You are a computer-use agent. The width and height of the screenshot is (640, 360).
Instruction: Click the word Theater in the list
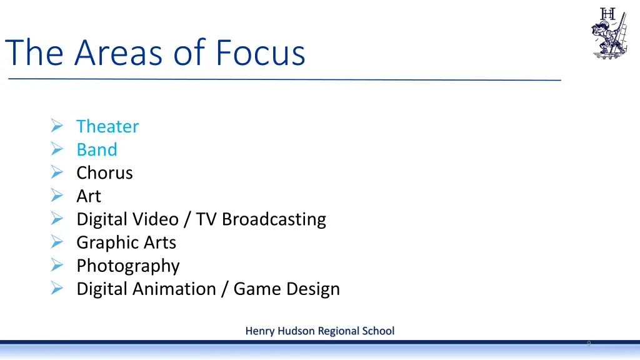[x=107, y=126]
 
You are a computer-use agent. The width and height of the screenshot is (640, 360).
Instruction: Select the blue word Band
[x=97, y=150]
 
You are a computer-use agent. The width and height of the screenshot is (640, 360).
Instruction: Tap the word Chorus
[x=104, y=173]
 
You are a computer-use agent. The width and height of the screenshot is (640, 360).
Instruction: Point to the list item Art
[x=89, y=196]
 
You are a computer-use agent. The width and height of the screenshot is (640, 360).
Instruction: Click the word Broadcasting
[x=274, y=219]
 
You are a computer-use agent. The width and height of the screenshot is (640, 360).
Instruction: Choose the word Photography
[x=128, y=266]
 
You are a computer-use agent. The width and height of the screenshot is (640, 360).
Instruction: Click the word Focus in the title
[x=261, y=52]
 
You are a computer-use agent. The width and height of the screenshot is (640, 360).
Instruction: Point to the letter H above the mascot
[x=607, y=13]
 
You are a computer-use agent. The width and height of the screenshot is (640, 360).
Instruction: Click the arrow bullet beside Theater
[x=56, y=126]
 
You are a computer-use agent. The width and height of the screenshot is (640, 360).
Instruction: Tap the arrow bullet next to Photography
[x=56, y=266]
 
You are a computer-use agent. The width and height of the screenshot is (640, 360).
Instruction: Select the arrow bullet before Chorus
[x=56, y=173]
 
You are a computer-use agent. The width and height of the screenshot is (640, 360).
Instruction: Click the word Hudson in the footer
[x=296, y=331]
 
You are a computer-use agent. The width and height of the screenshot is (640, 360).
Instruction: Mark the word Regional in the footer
[x=337, y=331]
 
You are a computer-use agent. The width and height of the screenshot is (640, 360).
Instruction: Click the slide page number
[x=589, y=343]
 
